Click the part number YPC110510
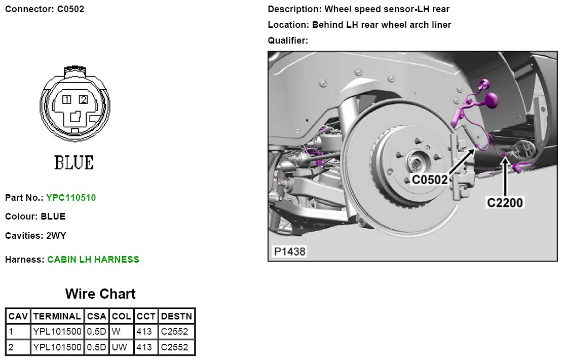[x=70, y=198]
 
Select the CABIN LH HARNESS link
[x=93, y=260]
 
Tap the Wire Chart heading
[x=100, y=294]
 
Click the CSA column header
[x=96, y=316]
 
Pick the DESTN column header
[x=176, y=316]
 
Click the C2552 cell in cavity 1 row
[x=174, y=332]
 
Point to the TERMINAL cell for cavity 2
[x=57, y=347]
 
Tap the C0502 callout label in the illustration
[x=430, y=179]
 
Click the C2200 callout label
[x=505, y=202]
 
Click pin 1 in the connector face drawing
[x=67, y=100]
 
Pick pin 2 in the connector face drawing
[x=83, y=100]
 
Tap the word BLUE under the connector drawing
[x=74, y=163]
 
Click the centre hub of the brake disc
[x=415, y=163]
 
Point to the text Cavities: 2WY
[x=35, y=236]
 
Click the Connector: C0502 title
[x=45, y=9]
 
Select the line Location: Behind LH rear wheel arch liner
[x=359, y=25]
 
